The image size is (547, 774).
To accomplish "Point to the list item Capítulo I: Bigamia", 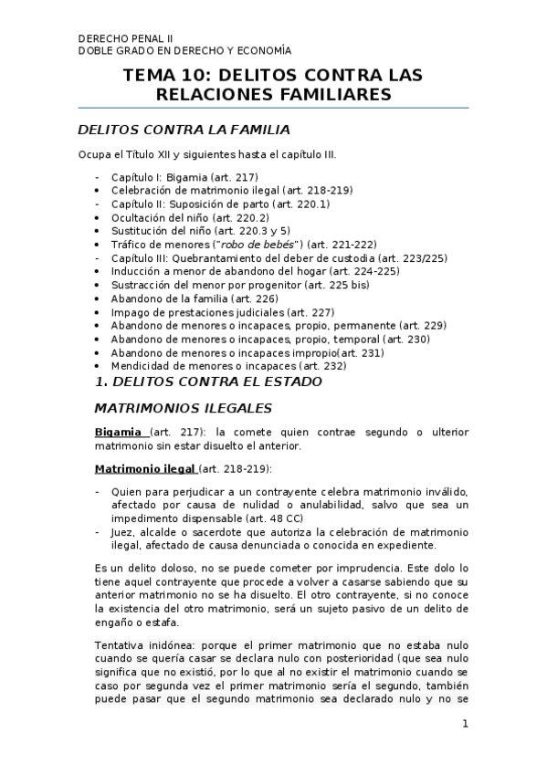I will pos(184,177).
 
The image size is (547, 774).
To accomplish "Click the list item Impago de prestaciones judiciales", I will pos(223,312).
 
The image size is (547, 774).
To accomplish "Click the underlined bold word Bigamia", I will pos(118,432).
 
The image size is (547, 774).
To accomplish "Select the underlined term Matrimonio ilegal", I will pos(144,468).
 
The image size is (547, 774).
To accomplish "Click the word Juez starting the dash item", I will pos(123,532).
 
